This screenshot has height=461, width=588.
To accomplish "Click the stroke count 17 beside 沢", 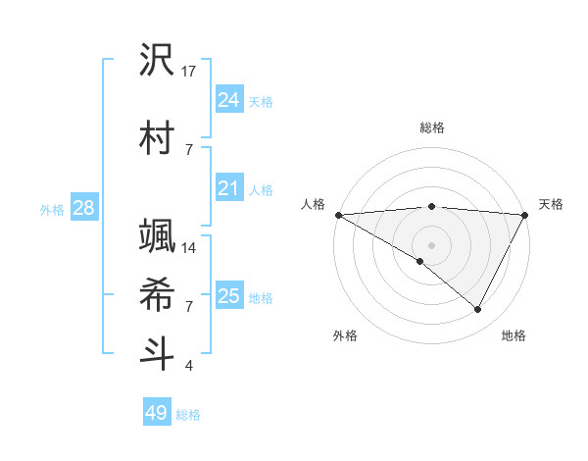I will pos(190,71).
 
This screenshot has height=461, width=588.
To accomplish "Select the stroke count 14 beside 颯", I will pos(190,247).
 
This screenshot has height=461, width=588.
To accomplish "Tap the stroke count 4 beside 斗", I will pos(189,366).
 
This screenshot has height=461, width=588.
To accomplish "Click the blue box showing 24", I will pos(228,99).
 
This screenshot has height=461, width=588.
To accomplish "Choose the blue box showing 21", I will pos(228,187).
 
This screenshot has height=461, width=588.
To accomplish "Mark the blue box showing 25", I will pos(228,295).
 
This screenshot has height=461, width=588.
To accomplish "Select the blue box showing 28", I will pos(83,208).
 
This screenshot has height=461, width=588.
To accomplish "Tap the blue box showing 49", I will pos(157,413).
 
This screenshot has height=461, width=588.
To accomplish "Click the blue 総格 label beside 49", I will pos(188,415).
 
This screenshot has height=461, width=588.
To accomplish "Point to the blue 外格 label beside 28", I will pos(52,209).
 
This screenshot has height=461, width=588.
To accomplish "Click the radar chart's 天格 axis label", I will pos(551,204).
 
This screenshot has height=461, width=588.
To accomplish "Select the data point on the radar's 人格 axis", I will pos(338,214).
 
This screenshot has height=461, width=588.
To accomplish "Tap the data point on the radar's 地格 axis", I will pos(477,309).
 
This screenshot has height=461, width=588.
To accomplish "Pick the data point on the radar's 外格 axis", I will pos(420,261).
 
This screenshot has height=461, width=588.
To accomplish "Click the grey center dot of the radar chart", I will pos(432,244).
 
